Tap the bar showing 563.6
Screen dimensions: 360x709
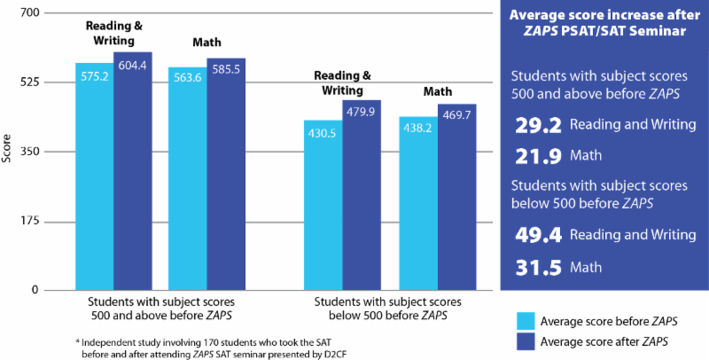(x=187, y=179)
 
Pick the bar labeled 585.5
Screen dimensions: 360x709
(x=226, y=175)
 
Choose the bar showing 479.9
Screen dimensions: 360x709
(x=362, y=195)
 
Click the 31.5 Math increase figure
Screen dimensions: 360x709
(x=535, y=267)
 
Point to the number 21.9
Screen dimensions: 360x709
(x=536, y=156)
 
